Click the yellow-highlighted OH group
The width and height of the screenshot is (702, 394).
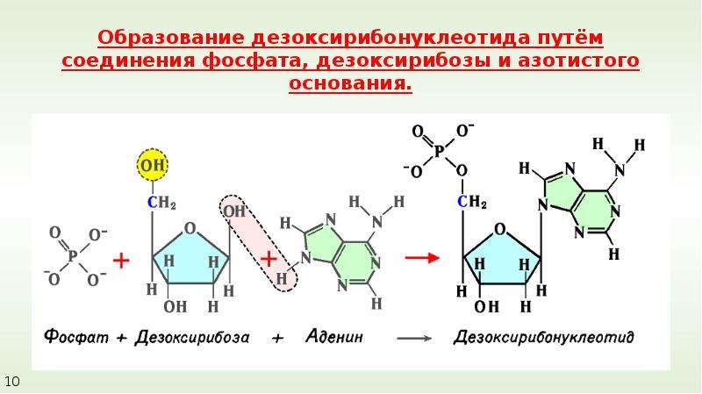[x=152, y=165]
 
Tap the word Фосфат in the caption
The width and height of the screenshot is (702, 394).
[x=76, y=336]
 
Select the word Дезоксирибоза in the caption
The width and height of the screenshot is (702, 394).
[x=192, y=337]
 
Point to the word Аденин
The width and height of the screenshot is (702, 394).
[x=334, y=336]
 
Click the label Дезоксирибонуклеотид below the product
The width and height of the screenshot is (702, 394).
[x=543, y=337]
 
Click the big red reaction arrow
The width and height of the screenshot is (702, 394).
[x=422, y=257]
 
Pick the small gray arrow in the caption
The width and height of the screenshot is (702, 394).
[x=414, y=339]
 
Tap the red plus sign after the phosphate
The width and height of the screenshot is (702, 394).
[x=121, y=260]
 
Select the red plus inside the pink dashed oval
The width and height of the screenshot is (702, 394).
[x=269, y=259]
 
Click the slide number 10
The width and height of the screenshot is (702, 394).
[x=11, y=382]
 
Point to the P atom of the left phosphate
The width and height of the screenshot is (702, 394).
[x=73, y=256]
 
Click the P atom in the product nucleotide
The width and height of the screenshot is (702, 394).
[x=439, y=151]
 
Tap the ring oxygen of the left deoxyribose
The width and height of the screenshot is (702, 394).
[x=190, y=228]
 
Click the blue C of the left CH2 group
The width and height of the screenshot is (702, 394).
[x=153, y=203]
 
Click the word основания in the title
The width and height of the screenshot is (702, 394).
[x=350, y=83]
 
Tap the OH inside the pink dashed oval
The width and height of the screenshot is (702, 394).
[x=234, y=211]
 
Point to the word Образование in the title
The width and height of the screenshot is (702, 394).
[x=171, y=38]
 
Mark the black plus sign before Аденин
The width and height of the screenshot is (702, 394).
[x=277, y=339]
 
